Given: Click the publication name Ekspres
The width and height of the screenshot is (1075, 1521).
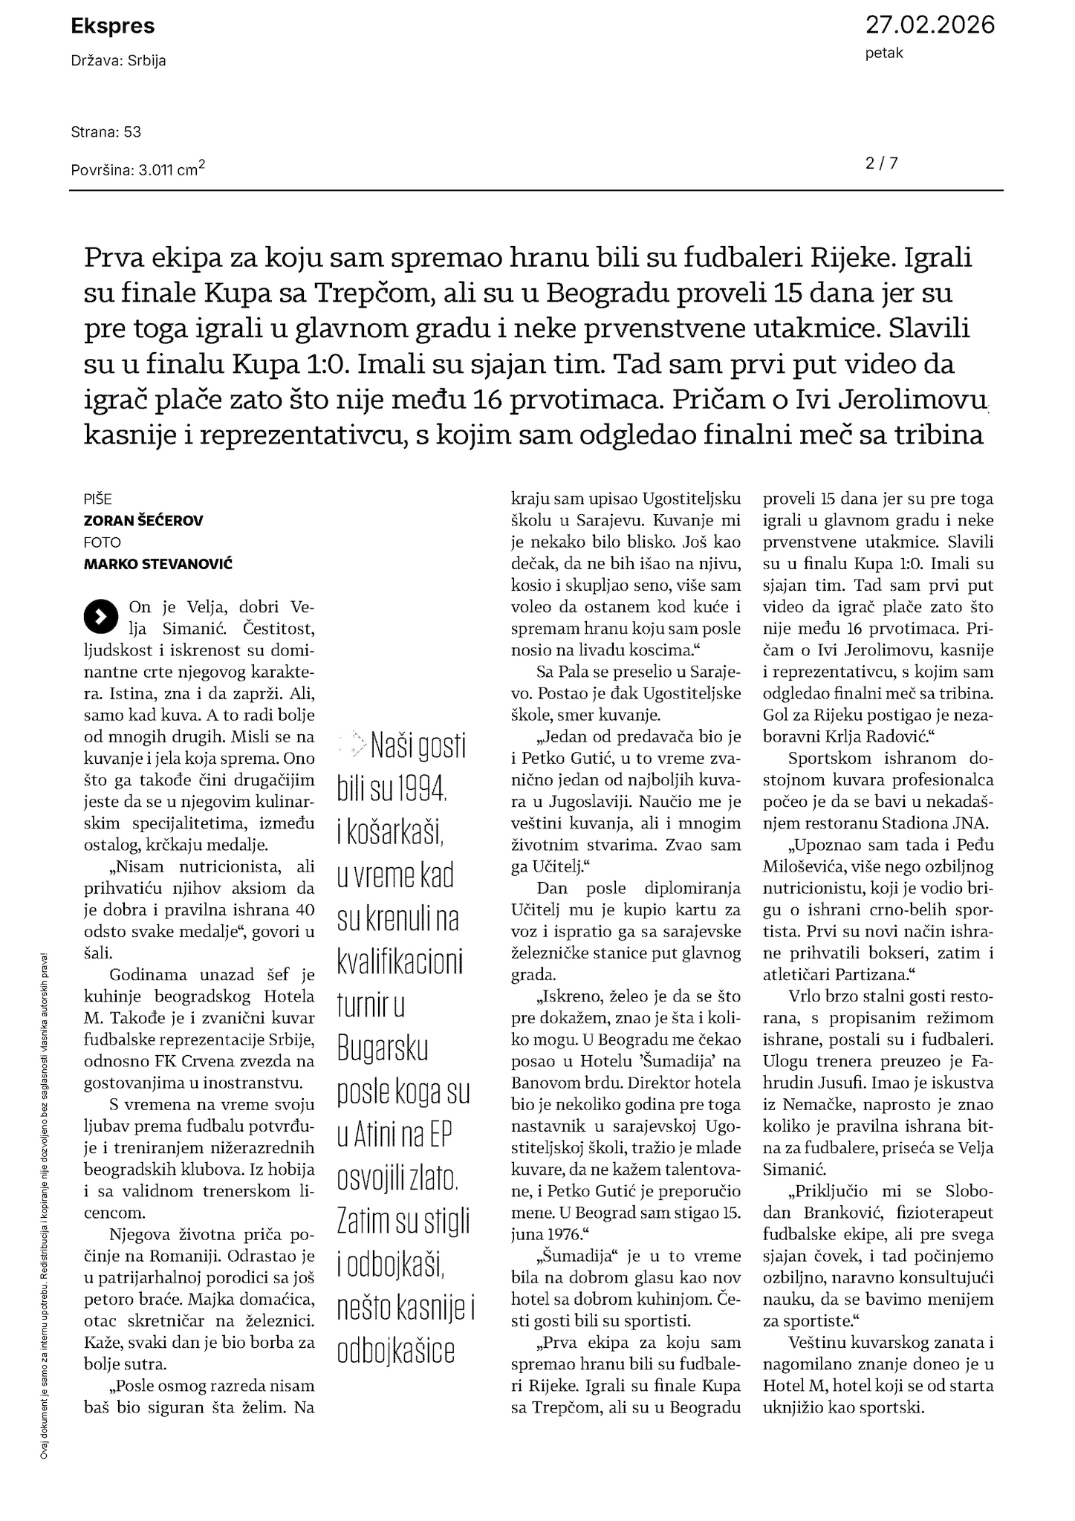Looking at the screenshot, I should tap(113, 27).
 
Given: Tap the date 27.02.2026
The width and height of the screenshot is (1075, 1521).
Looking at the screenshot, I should tap(929, 25).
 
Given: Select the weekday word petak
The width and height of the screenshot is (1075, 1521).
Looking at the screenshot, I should tap(884, 53).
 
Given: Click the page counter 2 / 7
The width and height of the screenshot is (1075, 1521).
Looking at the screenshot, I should tap(882, 163).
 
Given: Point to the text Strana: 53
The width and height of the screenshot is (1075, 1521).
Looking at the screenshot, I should tap(106, 132).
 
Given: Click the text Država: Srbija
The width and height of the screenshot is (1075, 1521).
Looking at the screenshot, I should tap(119, 61).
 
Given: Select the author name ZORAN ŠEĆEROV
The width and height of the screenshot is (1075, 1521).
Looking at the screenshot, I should tap(143, 521).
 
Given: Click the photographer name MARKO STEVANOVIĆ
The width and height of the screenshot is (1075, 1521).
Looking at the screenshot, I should tap(158, 564).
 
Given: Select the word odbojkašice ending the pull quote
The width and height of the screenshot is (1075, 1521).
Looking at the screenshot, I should tap(396, 1350).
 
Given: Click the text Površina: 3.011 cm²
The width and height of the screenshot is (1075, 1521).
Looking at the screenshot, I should tap(138, 169).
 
